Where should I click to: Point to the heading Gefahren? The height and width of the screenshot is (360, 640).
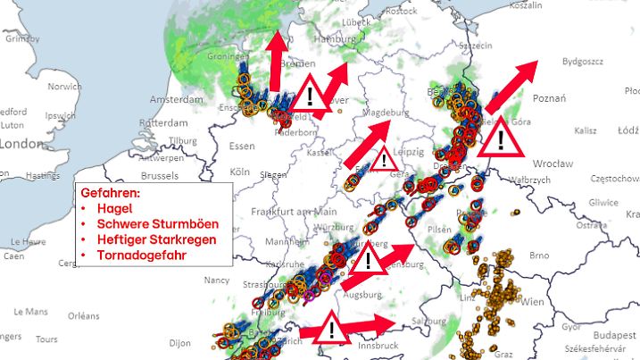tap(111, 192)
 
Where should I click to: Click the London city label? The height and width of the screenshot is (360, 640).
tap(21, 143)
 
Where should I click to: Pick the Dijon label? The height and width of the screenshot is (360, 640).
tap(180, 342)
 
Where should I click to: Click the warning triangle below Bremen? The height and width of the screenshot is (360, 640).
tap(310, 94)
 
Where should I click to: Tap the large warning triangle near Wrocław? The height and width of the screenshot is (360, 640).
tap(501, 139)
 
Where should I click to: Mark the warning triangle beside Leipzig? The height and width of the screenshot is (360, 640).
tap(384, 161)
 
